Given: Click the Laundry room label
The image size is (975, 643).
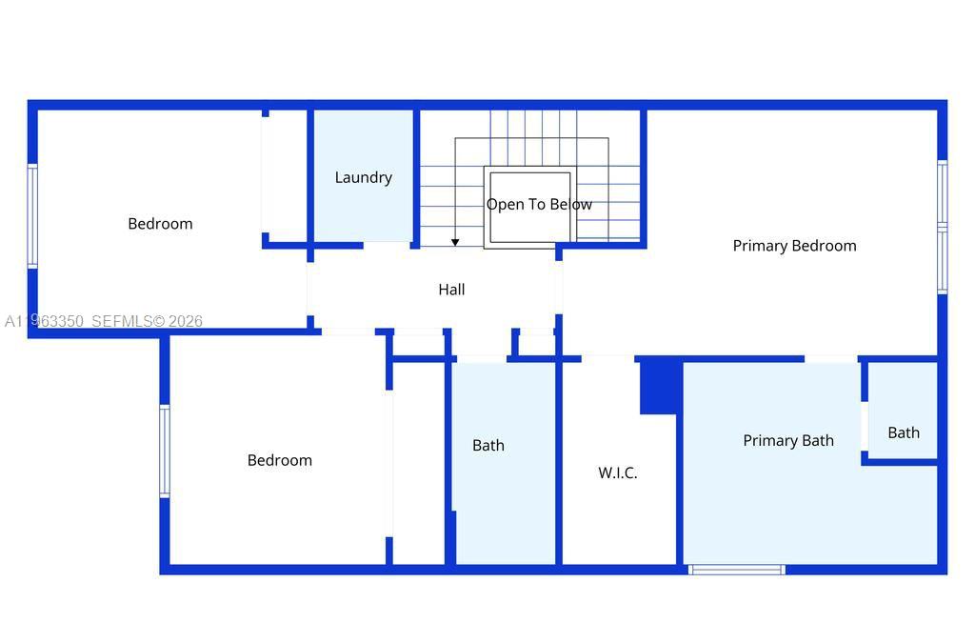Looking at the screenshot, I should (x=363, y=177).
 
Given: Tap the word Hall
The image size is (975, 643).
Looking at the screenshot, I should (x=451, y=290).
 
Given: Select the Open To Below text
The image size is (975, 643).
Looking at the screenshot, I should (x=539, y=204).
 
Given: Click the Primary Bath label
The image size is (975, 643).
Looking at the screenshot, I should (x=787, y=440).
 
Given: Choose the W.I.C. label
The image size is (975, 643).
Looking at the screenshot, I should (x=617, y=472).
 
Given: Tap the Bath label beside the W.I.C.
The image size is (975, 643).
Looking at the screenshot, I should (x=488, y=445).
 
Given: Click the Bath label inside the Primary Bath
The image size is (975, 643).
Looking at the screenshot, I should (x=904, y=432).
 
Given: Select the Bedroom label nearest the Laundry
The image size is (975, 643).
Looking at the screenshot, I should (x=160, y=224).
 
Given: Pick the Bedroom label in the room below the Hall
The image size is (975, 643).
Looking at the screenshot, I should (x=279, y=460).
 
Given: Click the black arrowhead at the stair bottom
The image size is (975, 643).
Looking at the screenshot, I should (x=455, y=242).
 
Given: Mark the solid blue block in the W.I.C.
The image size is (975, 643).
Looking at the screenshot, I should (x=658, y=387).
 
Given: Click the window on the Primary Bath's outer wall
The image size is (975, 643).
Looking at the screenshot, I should (x=736, y=570).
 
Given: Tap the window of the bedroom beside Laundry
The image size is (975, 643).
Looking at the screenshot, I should (x=32, y=216).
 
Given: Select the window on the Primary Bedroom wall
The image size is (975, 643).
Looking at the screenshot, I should (x=942, y=227).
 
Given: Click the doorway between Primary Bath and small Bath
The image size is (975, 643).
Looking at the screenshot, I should (x=865, y=426).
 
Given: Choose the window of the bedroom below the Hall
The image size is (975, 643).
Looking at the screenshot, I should (x=164, y=451).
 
